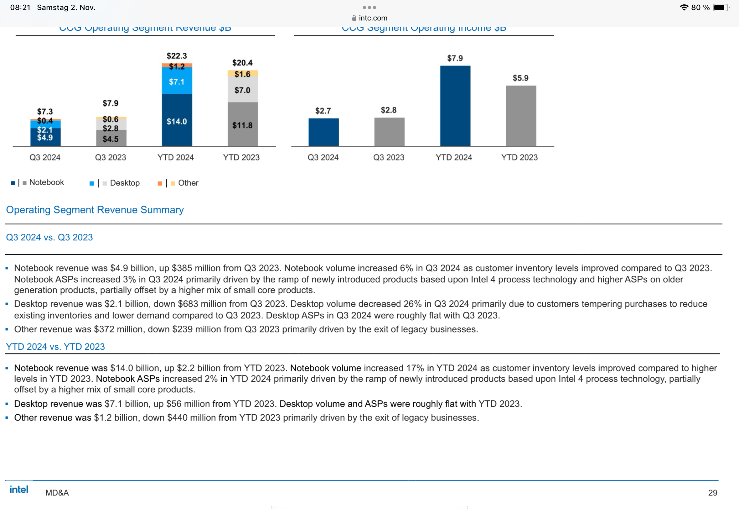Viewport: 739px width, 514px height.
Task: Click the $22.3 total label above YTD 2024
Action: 177,56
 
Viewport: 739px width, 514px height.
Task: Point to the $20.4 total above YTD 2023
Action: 243,63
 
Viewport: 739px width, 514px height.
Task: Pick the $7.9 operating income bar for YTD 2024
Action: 455,106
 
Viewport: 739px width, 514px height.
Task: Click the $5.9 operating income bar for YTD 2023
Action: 520,116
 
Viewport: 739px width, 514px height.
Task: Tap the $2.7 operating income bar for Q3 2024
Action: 323,132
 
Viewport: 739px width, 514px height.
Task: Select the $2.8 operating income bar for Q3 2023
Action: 389,132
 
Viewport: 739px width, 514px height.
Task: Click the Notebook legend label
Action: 47,183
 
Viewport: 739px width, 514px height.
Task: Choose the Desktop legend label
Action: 125,183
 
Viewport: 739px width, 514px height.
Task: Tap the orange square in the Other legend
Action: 160,183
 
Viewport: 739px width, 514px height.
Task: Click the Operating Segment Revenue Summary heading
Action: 95,210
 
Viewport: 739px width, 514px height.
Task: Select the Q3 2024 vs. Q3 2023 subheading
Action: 49,237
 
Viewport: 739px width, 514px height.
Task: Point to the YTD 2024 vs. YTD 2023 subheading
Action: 55,347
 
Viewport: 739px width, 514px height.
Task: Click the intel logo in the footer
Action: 19,490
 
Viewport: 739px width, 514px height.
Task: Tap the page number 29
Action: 712,492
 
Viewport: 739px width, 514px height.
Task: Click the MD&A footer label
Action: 57,493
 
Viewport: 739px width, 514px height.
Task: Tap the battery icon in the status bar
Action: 720,8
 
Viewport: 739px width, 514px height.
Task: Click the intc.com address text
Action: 373,18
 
